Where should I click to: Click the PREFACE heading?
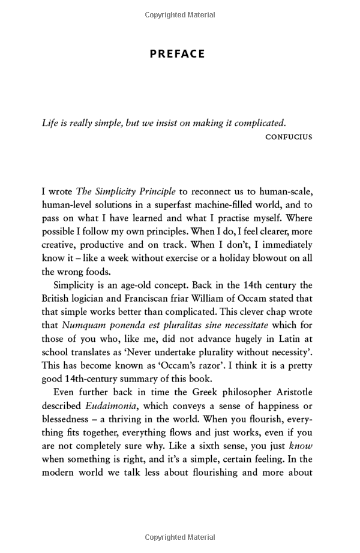pyautogui.click(x=177, y=54)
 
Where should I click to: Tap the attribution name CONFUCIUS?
pyautogui.click(x=289, y=137)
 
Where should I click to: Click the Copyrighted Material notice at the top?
pyautogui.click(x=180, y=15)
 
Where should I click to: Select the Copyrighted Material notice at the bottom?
pyautogui.click(x=180, y=537)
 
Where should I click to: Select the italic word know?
pyautogui.click(x=301, y=445)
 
